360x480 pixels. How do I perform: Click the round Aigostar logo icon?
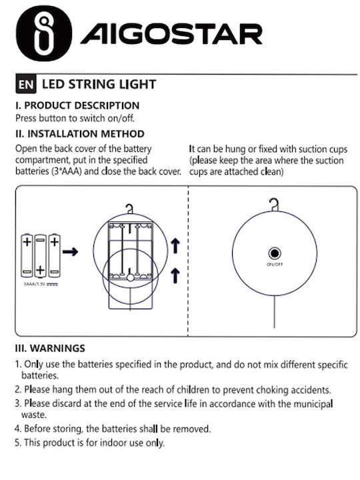(44, 33)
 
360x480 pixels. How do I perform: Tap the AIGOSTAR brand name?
(171, 34)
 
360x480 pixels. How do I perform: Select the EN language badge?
(26, 84)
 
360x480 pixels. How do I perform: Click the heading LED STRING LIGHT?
(99, 84)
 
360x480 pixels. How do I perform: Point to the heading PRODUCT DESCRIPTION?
(81, 105)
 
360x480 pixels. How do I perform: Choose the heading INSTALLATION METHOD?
(86, 134)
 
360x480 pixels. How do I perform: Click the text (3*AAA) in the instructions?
(66, 171)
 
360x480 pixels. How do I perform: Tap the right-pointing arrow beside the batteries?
(70, 251)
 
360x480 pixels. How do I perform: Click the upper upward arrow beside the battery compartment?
(175, 246)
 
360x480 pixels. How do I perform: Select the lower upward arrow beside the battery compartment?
(175, 275)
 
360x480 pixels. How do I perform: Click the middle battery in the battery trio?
(40, 256)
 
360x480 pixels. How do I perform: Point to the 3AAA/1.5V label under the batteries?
(41, 284)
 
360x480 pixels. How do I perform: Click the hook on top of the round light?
(274, 205)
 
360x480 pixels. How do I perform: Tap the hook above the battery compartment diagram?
(130, 209)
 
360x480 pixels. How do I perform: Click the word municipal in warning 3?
(313, 404)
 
